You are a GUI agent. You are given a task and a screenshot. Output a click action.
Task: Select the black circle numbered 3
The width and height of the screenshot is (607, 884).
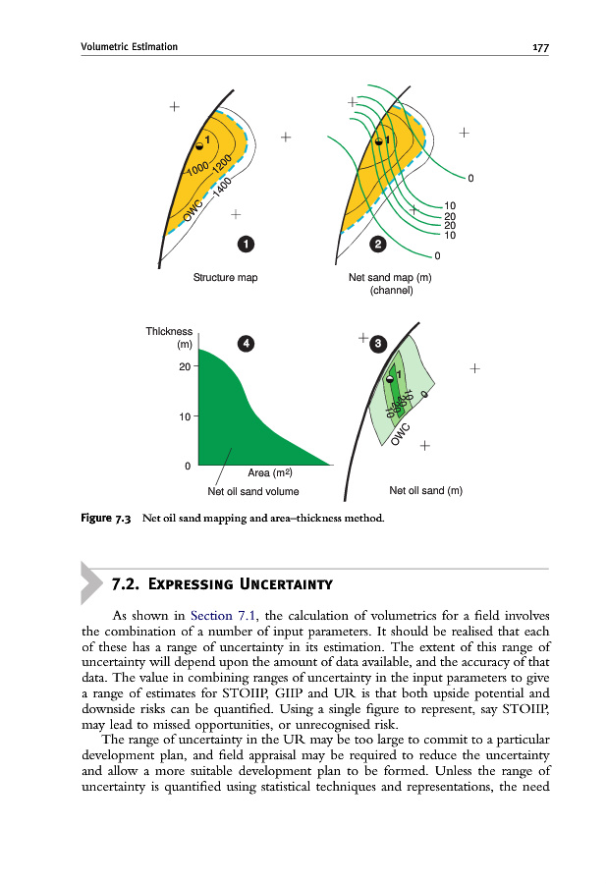pyautogui.click(x=377, y=344)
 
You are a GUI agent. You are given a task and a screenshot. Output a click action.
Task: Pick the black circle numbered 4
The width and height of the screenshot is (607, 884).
pyautogui.click(x=246, y=343)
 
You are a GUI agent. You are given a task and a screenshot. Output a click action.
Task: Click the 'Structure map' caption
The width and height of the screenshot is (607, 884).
pyautogui.click(x=226, y=278)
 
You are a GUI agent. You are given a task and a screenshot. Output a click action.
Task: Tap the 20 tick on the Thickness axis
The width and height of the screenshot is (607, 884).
pyautogui.click(x=183, y=366)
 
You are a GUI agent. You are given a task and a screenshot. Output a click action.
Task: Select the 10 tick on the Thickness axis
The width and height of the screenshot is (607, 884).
pyautogui.click(x=183, y=416)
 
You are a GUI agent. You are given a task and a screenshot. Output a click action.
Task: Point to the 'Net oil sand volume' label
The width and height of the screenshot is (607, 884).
pyautogui.click(x=253, y=490)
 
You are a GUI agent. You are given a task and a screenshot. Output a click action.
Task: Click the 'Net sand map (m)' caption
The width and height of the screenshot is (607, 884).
pyautogui.click(x=391, y=278)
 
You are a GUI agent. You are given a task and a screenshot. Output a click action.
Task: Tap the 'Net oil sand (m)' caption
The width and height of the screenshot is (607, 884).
pyautogui.click(x=425, y=490)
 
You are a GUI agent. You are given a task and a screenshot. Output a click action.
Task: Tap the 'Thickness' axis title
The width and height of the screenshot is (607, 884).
pyautogui.click(x=169, y=332)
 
